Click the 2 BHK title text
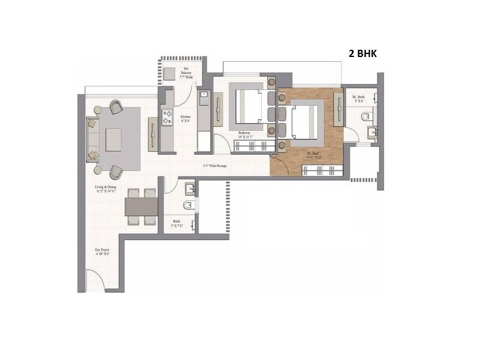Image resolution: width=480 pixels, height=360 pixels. (365, 53)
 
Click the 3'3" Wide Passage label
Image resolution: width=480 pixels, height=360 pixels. (217, 166)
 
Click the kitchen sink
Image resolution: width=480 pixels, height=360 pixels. (204, 94)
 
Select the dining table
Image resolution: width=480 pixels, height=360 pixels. (142, 206)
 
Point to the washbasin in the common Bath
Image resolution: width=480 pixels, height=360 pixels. (189, 190)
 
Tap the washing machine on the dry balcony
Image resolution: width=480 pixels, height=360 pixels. (168, 73)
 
